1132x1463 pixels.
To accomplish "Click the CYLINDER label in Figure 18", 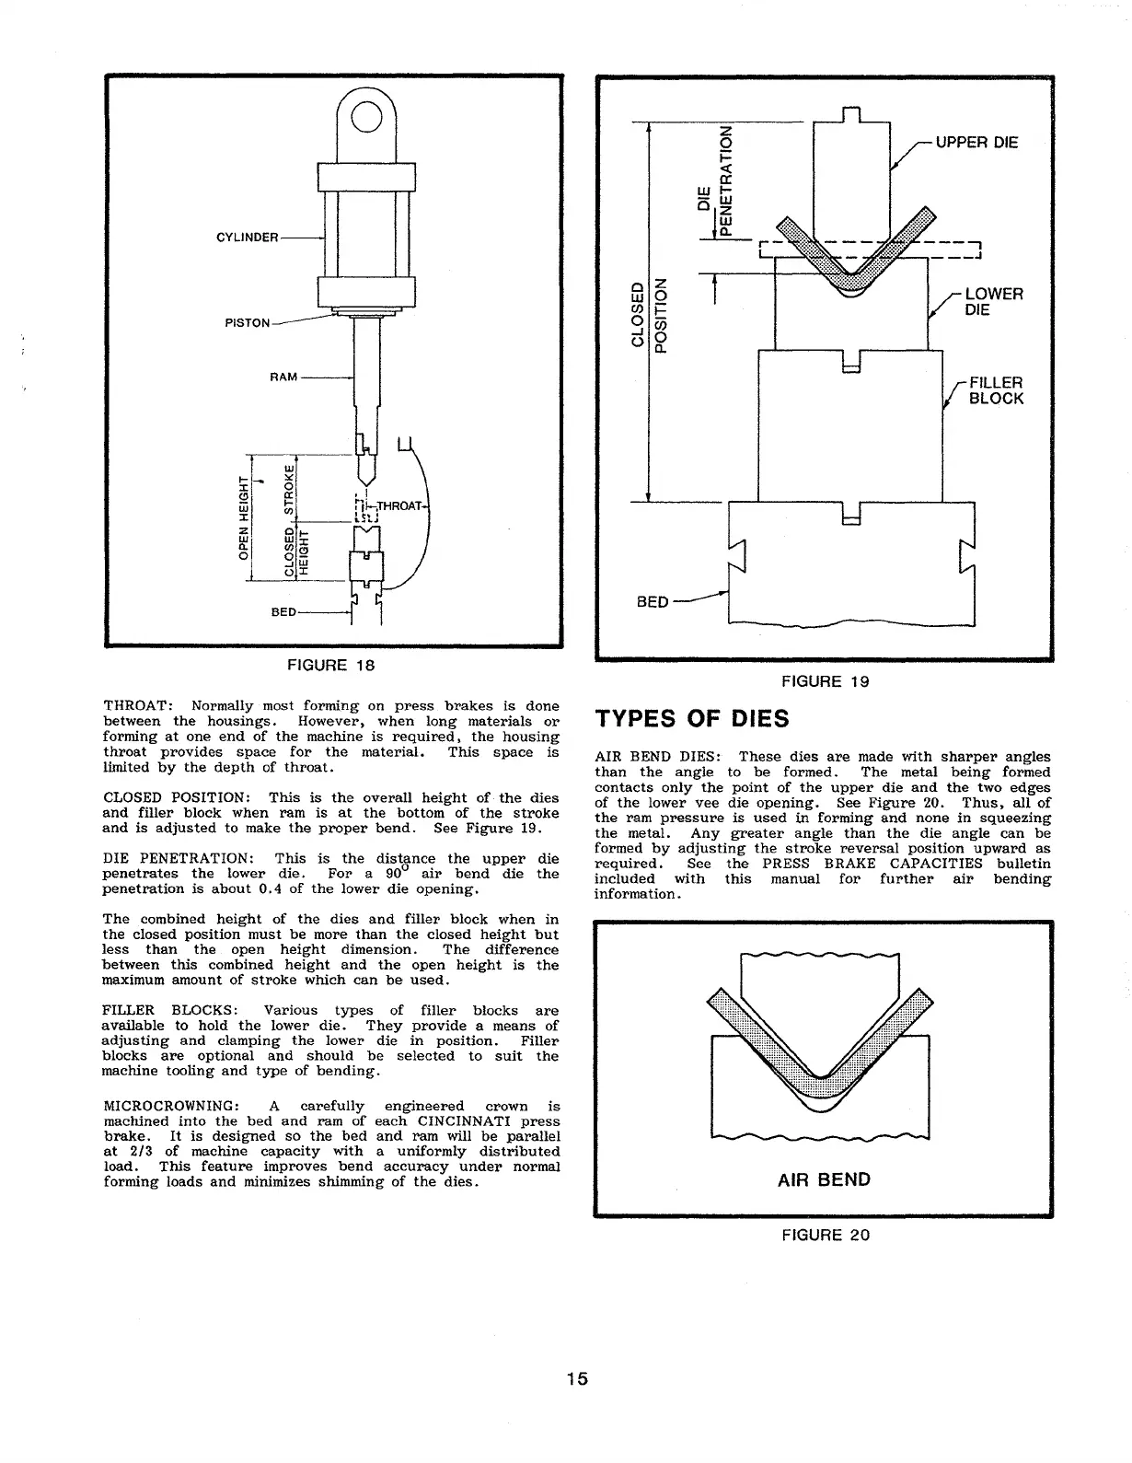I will [247, 238].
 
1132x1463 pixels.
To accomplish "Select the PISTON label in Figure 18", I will [248, 323].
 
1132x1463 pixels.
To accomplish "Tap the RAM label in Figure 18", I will [283, 377].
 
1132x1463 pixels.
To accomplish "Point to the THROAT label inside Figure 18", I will [399, 505].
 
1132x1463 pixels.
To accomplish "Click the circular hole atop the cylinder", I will [365, 119].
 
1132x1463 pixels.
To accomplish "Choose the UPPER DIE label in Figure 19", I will [976, 143].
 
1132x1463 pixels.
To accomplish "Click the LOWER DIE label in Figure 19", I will [993, 302].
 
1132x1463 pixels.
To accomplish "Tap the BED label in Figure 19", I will [653, 603].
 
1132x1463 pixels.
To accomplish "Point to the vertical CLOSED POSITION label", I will [647, 314].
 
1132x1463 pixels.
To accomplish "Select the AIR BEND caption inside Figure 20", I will [824, 1179].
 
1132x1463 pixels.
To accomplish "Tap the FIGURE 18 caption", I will [332, 665].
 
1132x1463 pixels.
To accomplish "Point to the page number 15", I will [576, 1378].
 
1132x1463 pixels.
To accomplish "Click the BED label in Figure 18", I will [284, 612].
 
